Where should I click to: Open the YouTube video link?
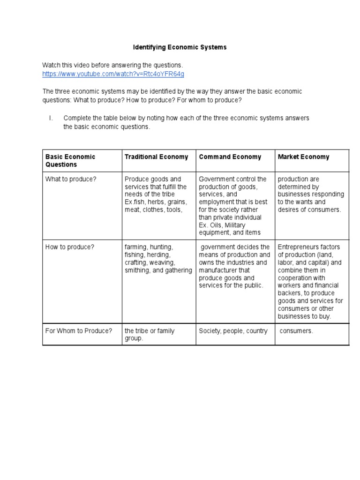coord(113,74)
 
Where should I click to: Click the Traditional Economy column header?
coord(156,157)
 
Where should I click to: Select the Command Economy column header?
coord(230,157)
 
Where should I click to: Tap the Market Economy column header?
coord(303,157)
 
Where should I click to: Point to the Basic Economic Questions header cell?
coord(70,161)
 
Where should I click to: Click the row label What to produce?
coord(70,179)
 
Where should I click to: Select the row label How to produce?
coord(70,247)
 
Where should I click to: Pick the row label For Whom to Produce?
coord(79,331)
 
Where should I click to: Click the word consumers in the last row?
coord(296,331)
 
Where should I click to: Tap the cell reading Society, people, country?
coord(233,331)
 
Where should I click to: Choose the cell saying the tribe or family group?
coord(149,334)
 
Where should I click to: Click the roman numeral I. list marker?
coord(51,118)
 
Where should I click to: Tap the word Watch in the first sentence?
coord(52,65)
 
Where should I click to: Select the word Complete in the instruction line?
coord(77,118)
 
